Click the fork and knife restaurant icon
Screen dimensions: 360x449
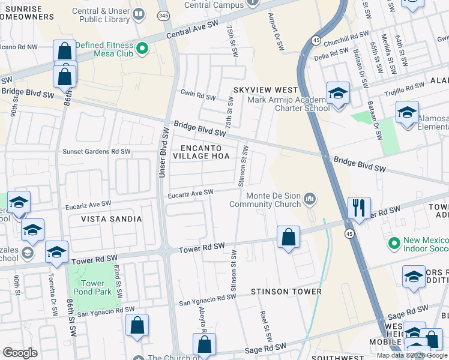click(359, 208)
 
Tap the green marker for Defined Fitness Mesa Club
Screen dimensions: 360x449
click(142, 49)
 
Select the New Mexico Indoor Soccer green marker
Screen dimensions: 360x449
click(394, 244)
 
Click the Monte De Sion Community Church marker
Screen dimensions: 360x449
click(310, 198)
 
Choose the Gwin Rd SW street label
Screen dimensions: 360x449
click(198, 97)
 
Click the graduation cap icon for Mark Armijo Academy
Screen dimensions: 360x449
click(338, 94)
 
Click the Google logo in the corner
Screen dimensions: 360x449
click(20, 353)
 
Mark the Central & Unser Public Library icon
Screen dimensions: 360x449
click(139, 13)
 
